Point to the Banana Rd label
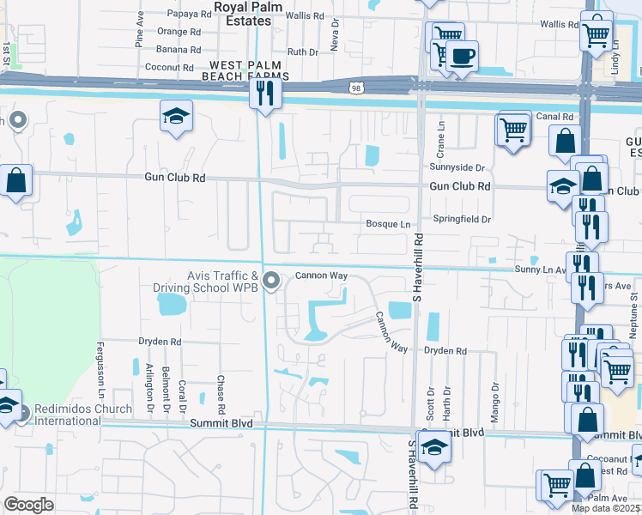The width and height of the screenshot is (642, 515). [x=179, y=49]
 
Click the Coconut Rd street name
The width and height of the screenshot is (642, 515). [x=173, y=66]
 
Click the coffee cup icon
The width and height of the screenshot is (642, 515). [x=462, y=57]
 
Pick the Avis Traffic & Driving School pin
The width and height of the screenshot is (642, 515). [x=272, y=281]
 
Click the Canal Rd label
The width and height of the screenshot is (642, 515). [x=554, y=116]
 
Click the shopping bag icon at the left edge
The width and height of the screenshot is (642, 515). [x=16, y=181]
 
